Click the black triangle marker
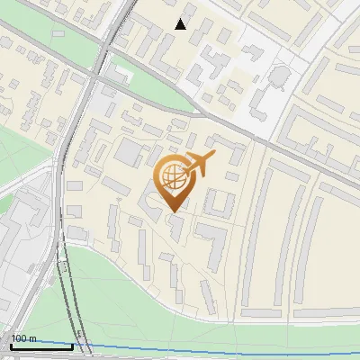[182, 24]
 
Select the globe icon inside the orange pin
[172, 177]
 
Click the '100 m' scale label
[23, 338]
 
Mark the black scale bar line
[41, 346]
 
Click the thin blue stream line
[225, 348]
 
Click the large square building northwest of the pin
[128, 152]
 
